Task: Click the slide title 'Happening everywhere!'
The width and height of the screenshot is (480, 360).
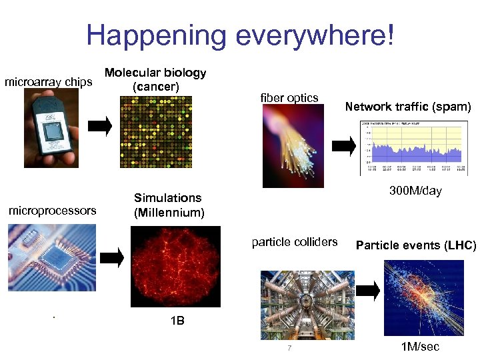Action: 240,35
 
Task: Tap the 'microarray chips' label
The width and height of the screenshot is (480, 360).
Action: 48,83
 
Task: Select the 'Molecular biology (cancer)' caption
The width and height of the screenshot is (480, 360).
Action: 155,80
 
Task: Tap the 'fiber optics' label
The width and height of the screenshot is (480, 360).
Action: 289,98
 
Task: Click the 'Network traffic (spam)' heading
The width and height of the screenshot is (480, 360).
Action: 407,107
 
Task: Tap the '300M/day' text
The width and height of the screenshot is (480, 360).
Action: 415,191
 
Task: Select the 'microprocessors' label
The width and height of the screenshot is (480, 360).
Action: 52,211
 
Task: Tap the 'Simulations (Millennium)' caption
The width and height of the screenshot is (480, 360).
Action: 169,205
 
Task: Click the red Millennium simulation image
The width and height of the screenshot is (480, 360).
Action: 175,266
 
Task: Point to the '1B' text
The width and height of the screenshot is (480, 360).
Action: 177,321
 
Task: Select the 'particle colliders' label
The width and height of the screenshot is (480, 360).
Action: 295,242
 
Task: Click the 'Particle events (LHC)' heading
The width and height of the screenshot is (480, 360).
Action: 416,245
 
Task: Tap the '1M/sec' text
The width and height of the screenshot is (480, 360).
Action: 420,347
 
